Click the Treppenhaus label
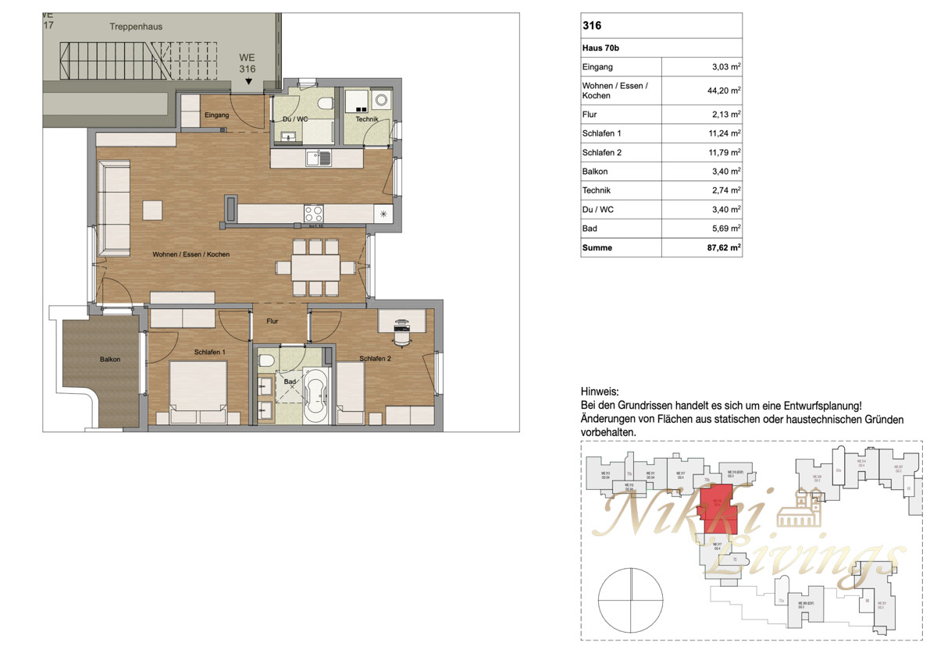[136, 27]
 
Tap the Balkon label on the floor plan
[110, 360]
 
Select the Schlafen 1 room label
[210, 352]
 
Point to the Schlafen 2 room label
[376, 359]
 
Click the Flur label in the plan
[273, 321]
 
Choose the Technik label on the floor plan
[367, 119]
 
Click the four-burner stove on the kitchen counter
[314, 213]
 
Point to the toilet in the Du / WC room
[325, 104]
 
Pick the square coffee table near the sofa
[152, 211]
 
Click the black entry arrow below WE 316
[248, 80]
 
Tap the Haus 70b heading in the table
[600, 48]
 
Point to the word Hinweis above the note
[600, 391]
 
